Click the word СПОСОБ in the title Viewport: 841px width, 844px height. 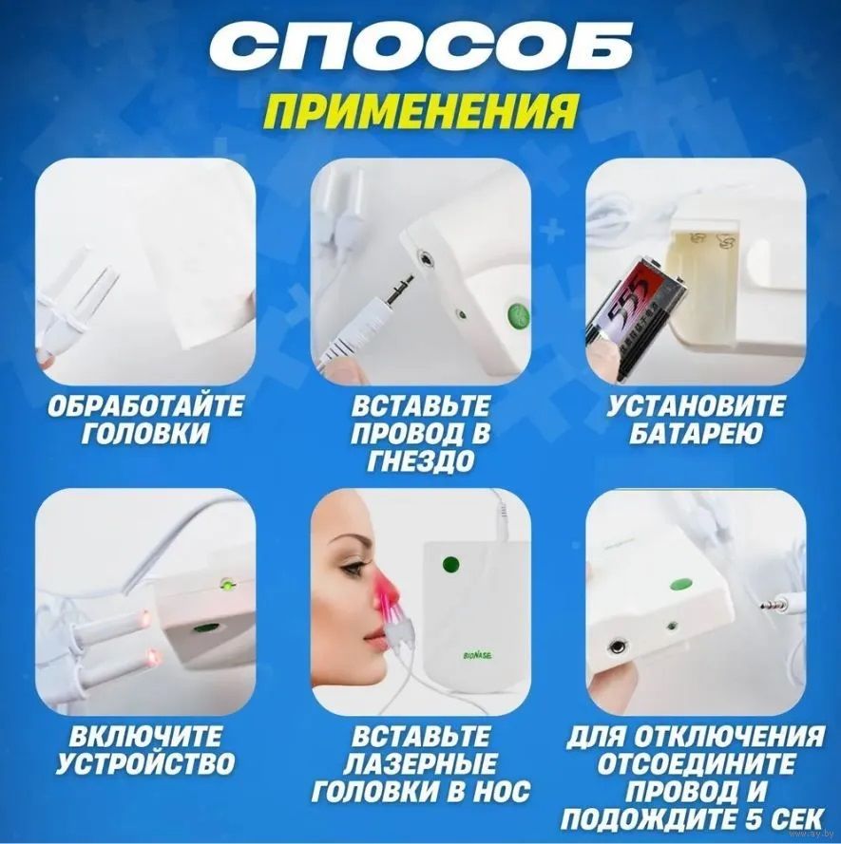pyautogui.click(x=420, y=47)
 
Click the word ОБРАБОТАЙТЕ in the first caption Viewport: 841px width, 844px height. pyautogui.click(x=145, y=406)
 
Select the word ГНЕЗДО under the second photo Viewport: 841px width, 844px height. pyautogui.click(x=421, y=461)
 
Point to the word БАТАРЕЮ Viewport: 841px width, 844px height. pyautogui.click(x=695, y=434)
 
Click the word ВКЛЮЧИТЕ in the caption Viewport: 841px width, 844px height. pyautogui.click(x=145, y=736)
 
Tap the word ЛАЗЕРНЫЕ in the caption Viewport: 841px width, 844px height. pyautogui.click(x=421, y=763)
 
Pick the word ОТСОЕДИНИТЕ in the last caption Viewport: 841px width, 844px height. pyautogui.click(x=695, y=763)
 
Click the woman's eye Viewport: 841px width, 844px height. pyautogui.click(x=357, y=566)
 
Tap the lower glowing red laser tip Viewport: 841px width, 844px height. pyautogui.click(x=153, y=657)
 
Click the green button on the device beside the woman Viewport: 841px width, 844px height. pyautogui.click(x=450, y=565)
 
